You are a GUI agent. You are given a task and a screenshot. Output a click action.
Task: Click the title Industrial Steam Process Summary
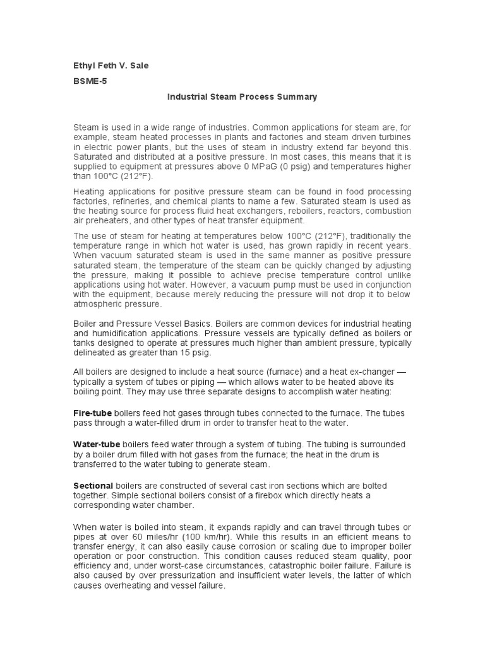pyautogui.click(x=242, y=97)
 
